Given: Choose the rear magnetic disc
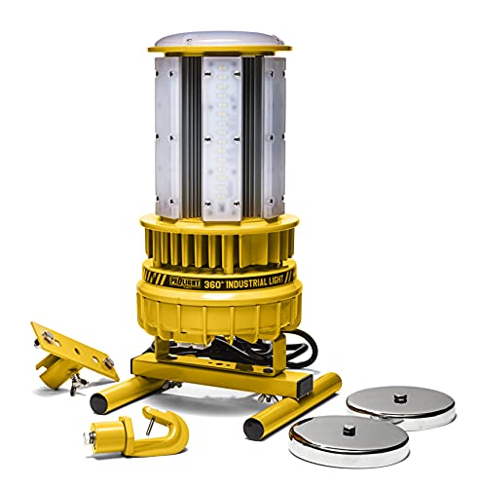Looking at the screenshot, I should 398,404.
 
